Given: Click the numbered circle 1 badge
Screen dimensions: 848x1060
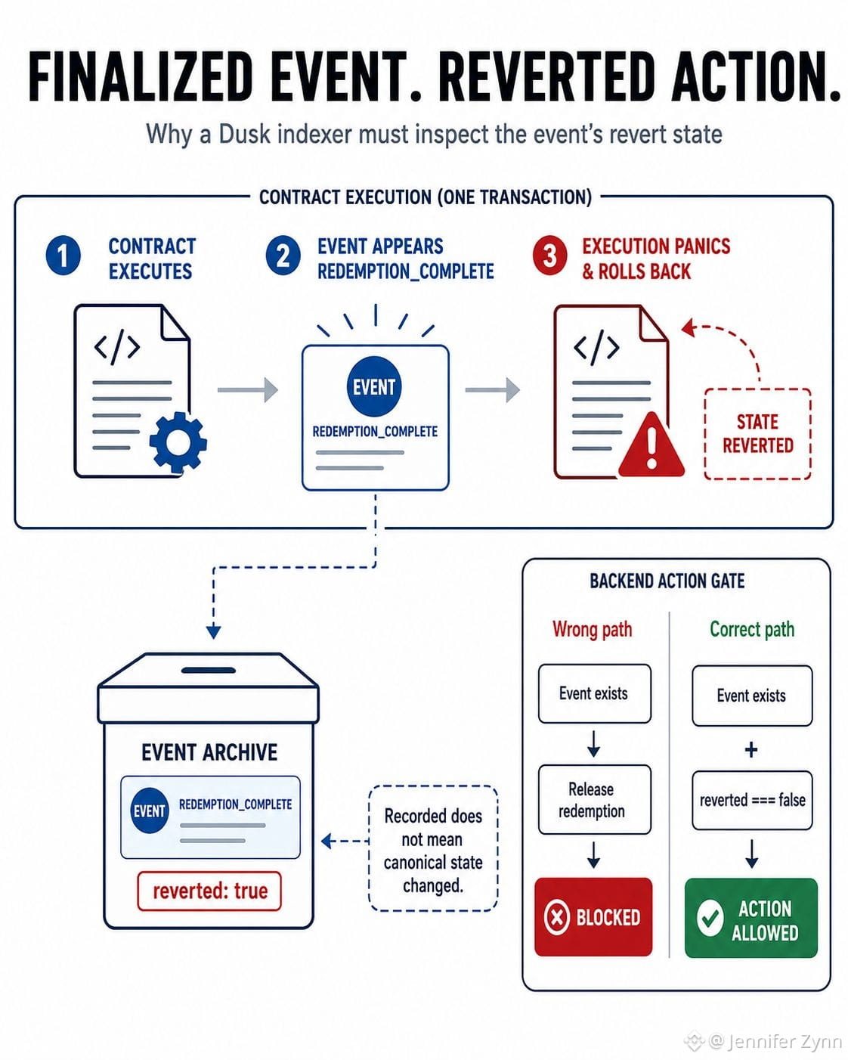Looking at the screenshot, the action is (x=63, y=255).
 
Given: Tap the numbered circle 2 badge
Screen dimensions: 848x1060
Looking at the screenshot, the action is (x=283, y=255).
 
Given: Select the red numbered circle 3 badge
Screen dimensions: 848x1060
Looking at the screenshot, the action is (x=549, y=255).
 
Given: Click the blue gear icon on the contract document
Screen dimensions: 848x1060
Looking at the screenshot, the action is (x=178, y=441).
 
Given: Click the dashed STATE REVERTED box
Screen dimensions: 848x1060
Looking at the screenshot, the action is (x=757, y=433).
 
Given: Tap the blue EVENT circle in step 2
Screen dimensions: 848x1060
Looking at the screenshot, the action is (x=374, y=386).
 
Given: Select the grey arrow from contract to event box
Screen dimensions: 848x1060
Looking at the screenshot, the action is (x=248, y=390).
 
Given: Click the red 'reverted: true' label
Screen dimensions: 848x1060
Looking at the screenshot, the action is (x=209, y=891).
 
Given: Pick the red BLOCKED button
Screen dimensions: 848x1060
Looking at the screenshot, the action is (x=593, y=916).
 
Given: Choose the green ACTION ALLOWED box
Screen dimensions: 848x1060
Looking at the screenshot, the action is (x=751, y=918).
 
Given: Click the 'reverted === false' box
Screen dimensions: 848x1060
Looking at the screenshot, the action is (x=752, y=800).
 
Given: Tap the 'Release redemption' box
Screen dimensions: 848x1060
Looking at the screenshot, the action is (x=594, y=800).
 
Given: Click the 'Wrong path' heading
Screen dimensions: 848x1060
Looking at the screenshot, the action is (x=592, y=629).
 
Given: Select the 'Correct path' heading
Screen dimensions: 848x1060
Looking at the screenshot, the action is (x=752, y=629).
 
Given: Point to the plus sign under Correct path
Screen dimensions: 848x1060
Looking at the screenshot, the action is (x=751, y=750).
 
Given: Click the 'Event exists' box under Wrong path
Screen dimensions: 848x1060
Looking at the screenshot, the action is (x=594, y=693).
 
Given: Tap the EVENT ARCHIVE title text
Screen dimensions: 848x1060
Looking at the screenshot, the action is (x=209, y=752).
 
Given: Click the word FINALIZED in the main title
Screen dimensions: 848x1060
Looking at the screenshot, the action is (x=141, y=78).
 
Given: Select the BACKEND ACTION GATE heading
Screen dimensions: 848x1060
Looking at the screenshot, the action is (x=667, y=581).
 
